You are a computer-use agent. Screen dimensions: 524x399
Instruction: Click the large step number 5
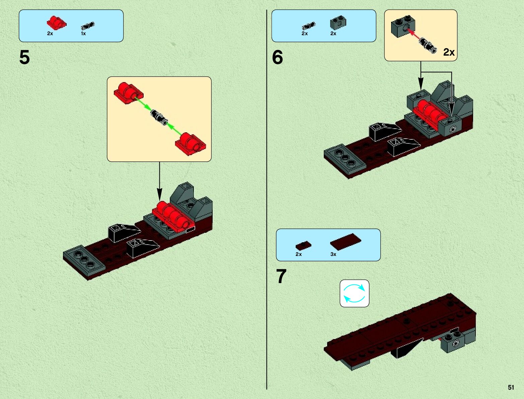point(24,57)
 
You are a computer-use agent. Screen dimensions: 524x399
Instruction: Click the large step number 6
point(278,57)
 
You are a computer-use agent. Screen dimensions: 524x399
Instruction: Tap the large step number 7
point(281,276)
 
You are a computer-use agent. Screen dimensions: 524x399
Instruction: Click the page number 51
point(511,387)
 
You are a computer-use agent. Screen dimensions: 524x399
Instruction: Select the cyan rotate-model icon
point(354,293)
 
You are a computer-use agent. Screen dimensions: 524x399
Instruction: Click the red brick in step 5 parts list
point(56,23)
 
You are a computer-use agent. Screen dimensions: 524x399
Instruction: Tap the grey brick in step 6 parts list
point(338,23)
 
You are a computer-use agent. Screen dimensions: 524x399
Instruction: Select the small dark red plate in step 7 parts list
point(303,246)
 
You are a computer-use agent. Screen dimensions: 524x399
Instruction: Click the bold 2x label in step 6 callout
point(449,52)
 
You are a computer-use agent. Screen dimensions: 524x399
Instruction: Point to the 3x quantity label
point(333,254)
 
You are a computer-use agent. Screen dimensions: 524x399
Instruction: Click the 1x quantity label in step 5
point(83,34)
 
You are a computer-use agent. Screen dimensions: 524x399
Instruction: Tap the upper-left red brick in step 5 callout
point(128,92)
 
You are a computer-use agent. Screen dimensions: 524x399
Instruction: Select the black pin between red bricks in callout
point(159,118)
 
